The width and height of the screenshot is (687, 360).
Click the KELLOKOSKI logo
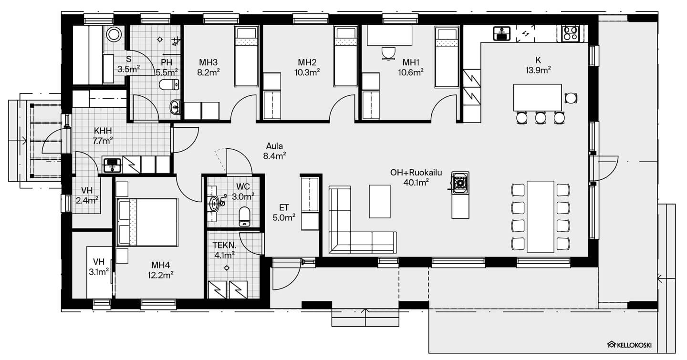[629, 345]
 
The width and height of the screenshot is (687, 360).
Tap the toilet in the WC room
[244, 216]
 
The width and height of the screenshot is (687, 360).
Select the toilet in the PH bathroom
[169, 84]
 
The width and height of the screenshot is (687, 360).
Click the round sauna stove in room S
[114, 34]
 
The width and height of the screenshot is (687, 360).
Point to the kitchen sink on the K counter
[502, 34]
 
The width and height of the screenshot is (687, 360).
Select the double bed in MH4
[147, 222]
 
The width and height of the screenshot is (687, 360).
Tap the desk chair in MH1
[388, 53]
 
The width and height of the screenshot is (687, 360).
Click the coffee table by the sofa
[380, 202]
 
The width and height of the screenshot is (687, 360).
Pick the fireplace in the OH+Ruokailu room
[460, 183]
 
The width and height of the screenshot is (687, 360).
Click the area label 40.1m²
[416, 183]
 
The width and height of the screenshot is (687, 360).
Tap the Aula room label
[274, 146]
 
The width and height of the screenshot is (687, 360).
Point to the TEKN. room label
[225, 245]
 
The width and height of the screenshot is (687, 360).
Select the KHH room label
[103, 131]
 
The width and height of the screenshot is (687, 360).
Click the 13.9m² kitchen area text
[538, 70]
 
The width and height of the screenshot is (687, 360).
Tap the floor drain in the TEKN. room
[227, 268]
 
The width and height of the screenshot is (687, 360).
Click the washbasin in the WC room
[214, 203]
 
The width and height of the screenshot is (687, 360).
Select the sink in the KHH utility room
[112, 165]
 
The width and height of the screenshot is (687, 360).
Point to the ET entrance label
[284, 208]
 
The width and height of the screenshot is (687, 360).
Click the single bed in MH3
[246, 56]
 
